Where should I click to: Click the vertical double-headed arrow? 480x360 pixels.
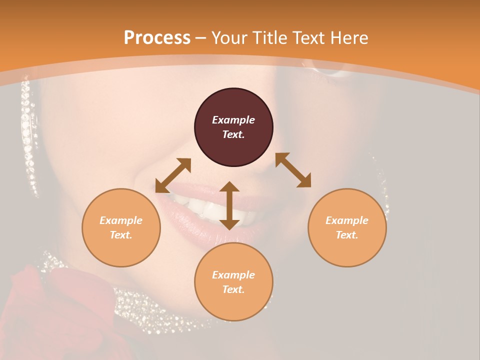click(x=229, y=205)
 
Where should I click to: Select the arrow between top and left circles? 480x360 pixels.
click(x=173, y=175)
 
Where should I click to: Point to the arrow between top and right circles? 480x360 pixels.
click(x=293, y=170)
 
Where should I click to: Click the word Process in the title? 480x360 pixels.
click(x=157, y=38)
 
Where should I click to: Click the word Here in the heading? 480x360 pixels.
click(x=349, y=38)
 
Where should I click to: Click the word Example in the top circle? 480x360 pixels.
click(x=233, y=120)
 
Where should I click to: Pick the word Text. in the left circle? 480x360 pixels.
click(x=121, y=235)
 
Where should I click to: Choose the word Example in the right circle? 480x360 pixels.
click(x=347, y=220)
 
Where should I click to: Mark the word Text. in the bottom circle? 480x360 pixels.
click(x=233, y=289)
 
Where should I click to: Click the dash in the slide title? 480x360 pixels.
click(x=201, y=38)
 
